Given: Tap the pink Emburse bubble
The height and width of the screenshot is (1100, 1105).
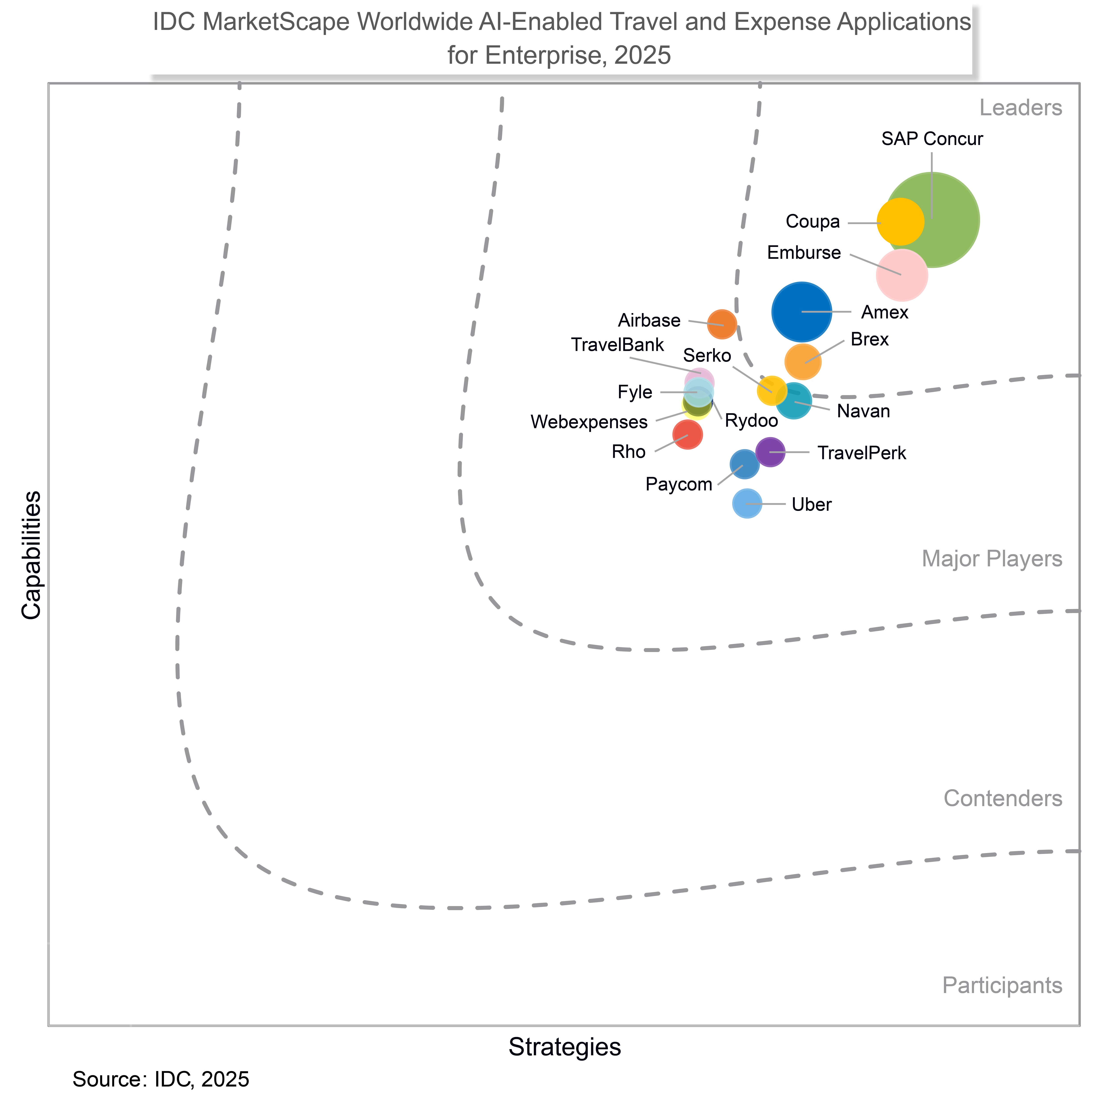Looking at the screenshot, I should pos(902,275).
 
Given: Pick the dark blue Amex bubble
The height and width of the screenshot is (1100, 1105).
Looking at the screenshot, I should pos(802,312).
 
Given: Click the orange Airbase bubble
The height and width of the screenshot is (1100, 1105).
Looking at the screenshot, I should pos(722,324).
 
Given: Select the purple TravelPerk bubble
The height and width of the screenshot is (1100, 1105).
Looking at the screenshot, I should pos(770,452).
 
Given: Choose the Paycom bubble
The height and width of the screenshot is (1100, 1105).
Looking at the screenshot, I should pos(744,464).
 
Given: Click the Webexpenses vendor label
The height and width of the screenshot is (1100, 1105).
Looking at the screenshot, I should pos(589,422).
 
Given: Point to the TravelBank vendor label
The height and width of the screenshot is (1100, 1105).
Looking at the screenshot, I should pos(618,345).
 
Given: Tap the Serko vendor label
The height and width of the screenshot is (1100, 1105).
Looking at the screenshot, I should pos(707,356).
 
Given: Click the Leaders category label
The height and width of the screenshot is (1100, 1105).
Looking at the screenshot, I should pos(1020,107).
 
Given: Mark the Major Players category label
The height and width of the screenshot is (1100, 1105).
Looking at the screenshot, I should pos(992,559).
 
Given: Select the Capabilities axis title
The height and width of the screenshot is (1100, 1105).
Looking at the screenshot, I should pos(31,555).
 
